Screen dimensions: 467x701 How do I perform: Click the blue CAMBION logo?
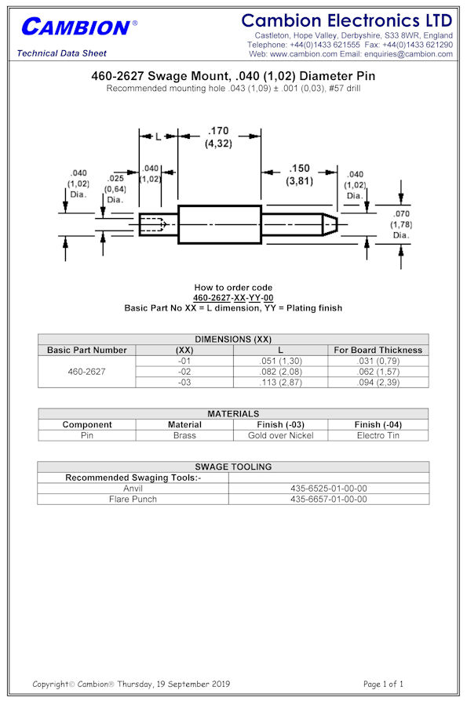pos(79,27)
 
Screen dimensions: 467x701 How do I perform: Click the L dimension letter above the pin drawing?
pos(158,136)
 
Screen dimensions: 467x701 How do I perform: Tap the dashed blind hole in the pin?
pos(153,224)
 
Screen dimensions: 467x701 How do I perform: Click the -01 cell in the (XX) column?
pos(184,361)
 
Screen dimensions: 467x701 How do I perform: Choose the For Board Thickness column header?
pos(378,350)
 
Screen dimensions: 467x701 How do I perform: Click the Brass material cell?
pos(184,435)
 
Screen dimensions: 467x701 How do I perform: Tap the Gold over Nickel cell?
pos(280,435)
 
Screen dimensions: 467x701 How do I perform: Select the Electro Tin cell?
pos(378,435)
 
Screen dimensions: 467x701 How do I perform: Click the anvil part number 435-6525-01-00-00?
pos(329,489)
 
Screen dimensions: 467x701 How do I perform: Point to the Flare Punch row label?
pos(133,499)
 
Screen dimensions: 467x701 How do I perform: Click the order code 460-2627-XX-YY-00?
pos(233,298)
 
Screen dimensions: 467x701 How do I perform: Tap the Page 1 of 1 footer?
pos(383,684)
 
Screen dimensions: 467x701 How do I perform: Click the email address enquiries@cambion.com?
pos(408,54)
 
